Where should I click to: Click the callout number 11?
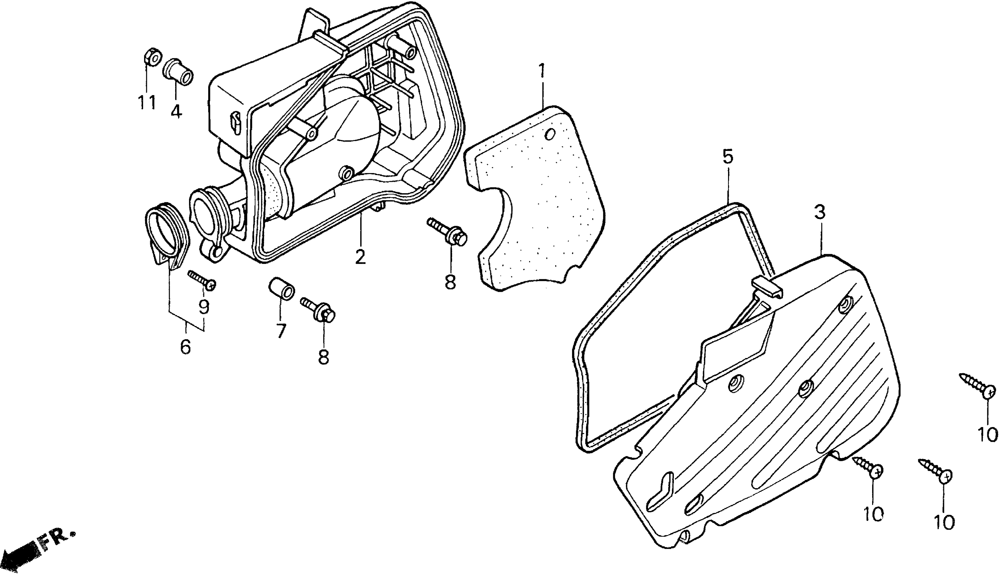[147, 103]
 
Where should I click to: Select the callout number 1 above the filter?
[542, 72]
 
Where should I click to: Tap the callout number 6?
[185, 347]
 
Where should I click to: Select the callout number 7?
[281, 330]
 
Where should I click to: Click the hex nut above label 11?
[152, 58]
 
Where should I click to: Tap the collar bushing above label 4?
[179, 72]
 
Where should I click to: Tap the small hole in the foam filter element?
[550, 135]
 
